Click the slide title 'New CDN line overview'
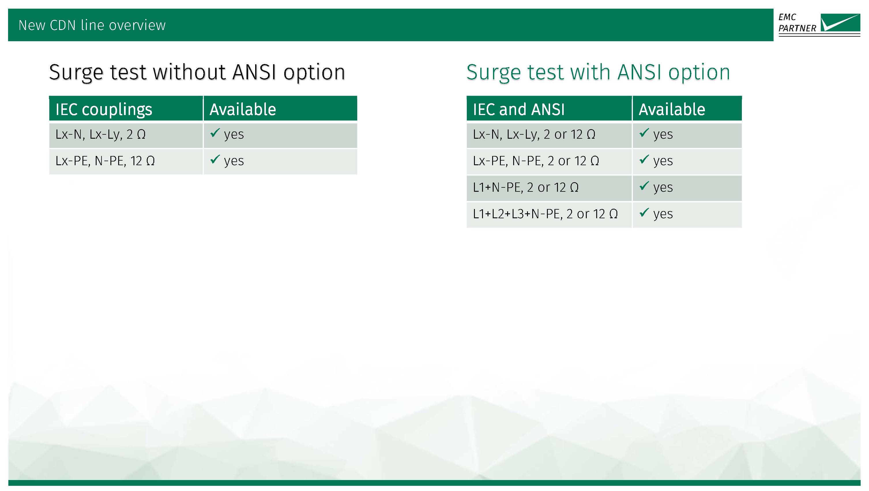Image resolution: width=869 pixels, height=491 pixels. pos(92,25)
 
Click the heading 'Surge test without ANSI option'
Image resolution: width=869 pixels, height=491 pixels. pos(197,72)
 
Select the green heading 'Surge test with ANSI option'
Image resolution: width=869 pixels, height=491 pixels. pos(598,72)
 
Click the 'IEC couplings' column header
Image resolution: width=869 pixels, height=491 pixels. pos(104,109)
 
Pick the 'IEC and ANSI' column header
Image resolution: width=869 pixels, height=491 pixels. pos(519,109)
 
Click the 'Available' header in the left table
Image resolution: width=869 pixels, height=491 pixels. pos(243,109)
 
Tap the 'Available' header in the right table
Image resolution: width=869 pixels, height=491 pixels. pos(672,109)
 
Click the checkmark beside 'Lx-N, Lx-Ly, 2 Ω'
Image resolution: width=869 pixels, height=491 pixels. pos(215,133)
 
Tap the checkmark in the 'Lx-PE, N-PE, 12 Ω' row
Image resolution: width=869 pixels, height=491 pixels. pos(215,159)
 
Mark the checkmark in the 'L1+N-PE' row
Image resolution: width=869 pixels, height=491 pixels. pos(644,186)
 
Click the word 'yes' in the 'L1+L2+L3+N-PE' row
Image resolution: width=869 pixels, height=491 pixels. pos(663,215)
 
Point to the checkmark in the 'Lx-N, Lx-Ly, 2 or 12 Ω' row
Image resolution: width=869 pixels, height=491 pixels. pos(644,133)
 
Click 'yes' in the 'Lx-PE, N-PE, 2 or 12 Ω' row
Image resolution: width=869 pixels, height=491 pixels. pos(663,161)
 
